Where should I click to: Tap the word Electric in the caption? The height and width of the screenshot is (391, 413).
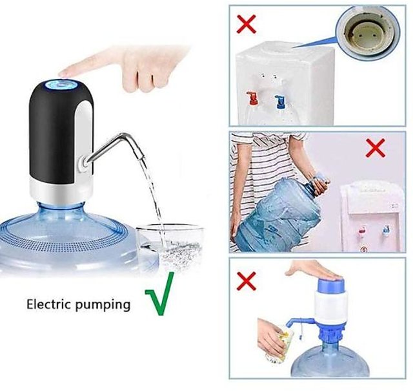tap(49, 304)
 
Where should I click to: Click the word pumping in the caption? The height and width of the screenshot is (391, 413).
tap(103, 306)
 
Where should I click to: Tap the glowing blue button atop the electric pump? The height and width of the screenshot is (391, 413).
tap(61, 85)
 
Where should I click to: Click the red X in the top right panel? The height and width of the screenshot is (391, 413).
tap(247, 24)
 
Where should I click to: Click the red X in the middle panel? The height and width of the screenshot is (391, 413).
tap(376, 148)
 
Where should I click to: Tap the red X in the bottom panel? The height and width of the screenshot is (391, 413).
tap(247, 281)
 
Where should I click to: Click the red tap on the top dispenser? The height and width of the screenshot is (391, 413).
tap(252, 98)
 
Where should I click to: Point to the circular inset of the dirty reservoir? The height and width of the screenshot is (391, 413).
tap(369, 32)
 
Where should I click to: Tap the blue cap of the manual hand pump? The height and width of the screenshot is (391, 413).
tap(330, 285)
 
